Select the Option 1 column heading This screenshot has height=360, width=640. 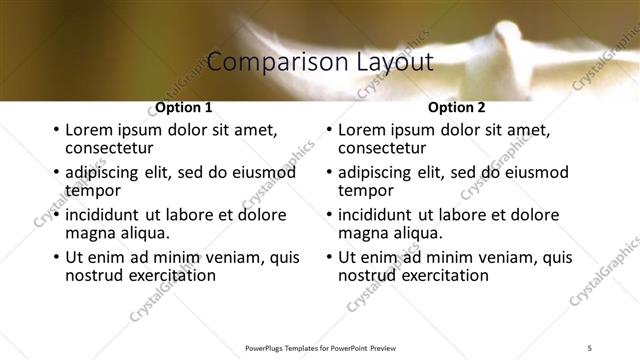click(x=184, y=108)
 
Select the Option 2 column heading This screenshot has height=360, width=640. click(x=456, y=108)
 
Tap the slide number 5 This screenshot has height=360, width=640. click(x=590, y=347)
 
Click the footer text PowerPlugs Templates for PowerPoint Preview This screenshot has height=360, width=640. click(x=320, y=347)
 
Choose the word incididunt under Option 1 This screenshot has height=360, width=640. click(x=105, y=215)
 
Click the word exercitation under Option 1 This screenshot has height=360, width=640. click(x=168, y=275)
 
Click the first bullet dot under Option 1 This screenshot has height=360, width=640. click(x=55, y=130)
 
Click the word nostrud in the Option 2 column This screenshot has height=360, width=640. click(x=369, y=275)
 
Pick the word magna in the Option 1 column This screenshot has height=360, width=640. click(x=89, y=233)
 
